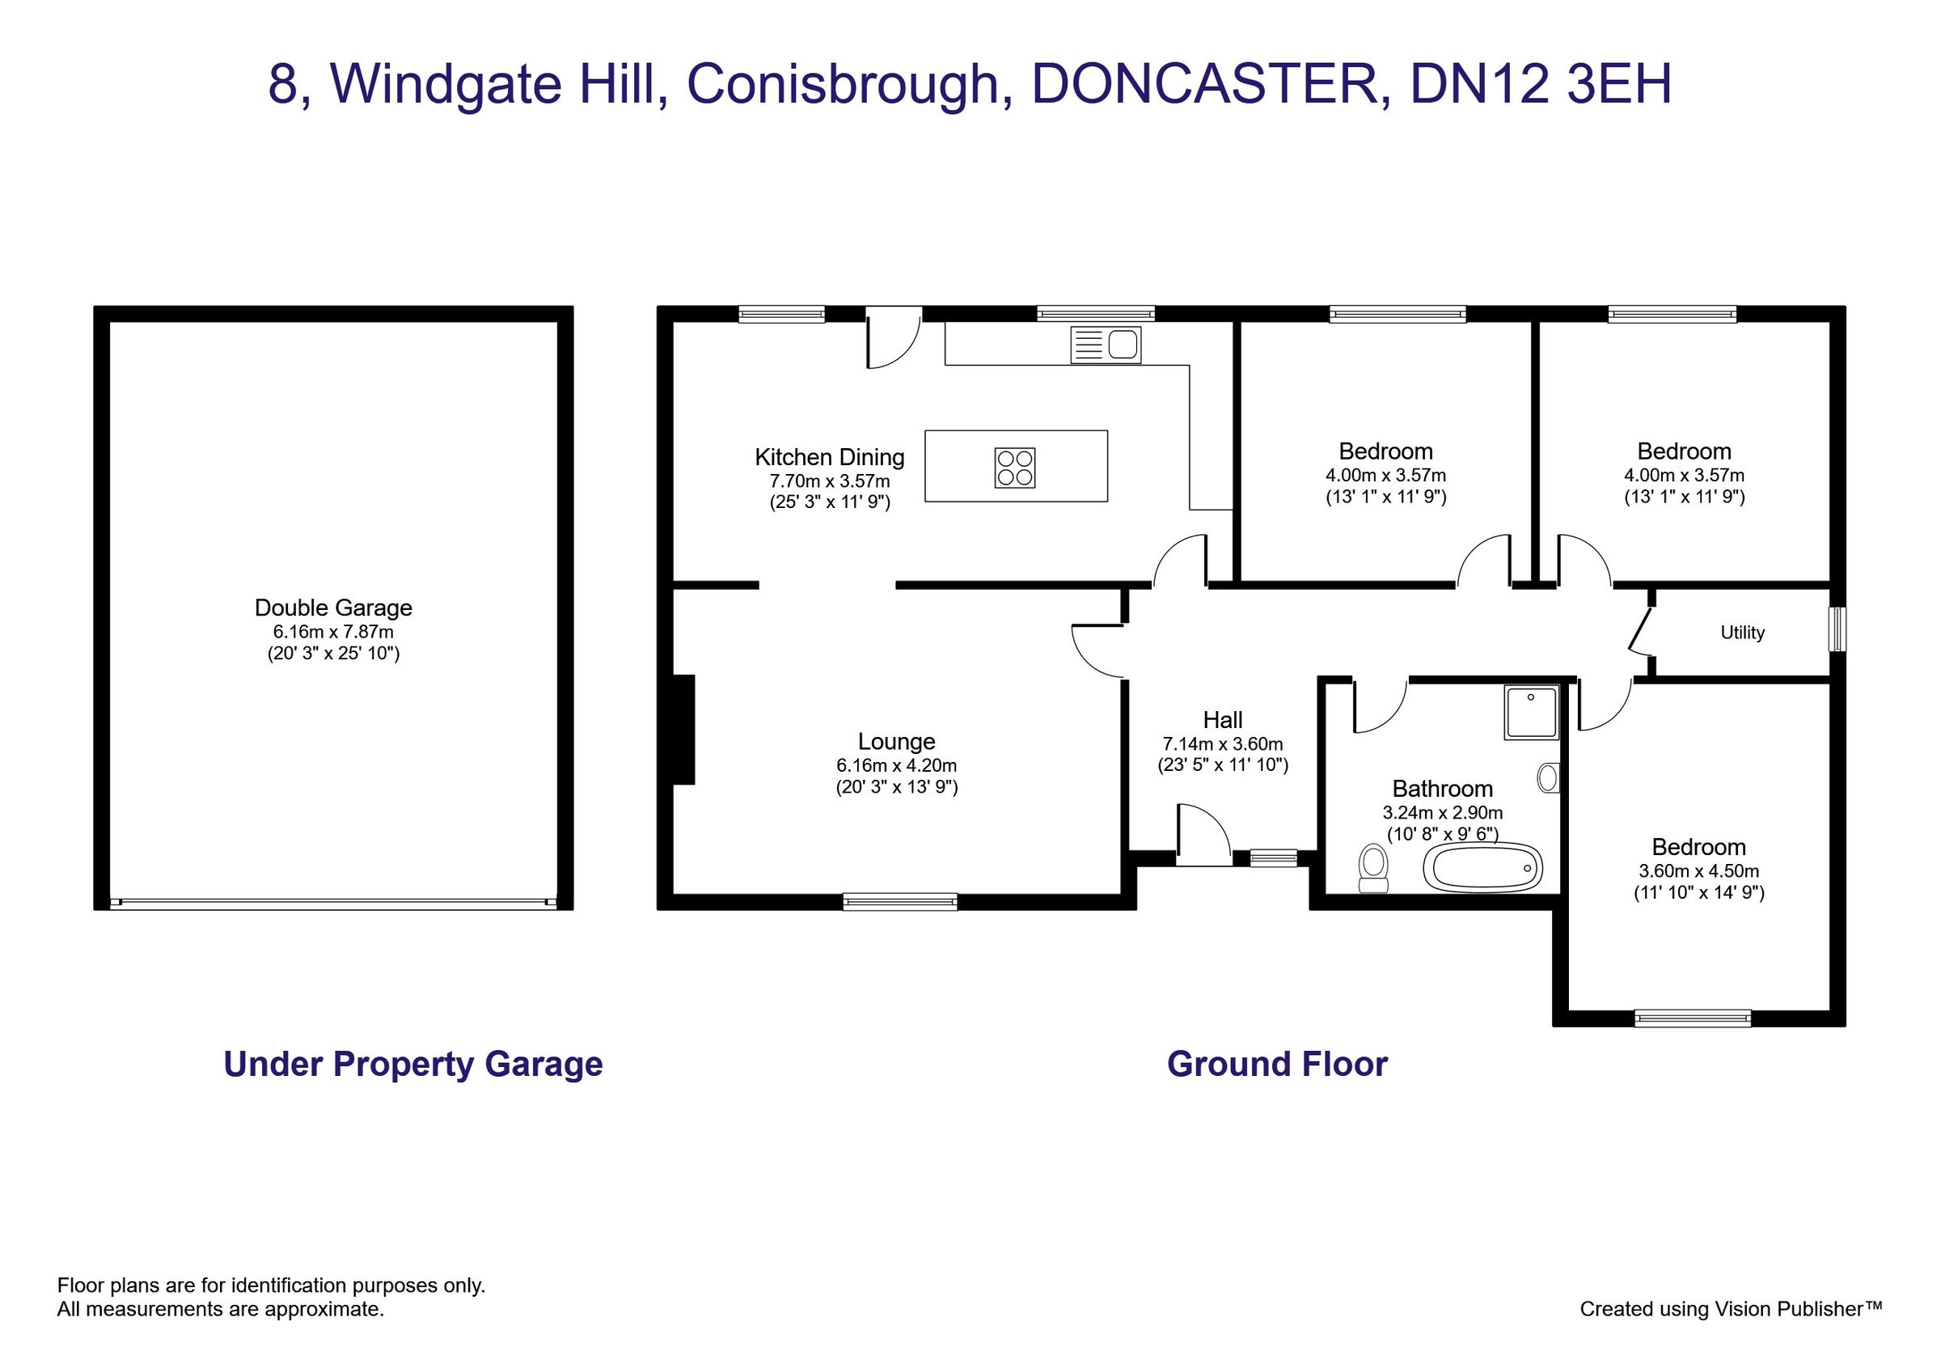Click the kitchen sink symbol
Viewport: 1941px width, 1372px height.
(1105, 345)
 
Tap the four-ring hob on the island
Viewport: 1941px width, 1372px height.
(1014, 468)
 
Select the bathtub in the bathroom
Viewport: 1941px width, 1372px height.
(1482, 867)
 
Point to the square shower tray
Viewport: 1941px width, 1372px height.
(1531, 713)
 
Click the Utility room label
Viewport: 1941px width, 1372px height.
(1742, 633)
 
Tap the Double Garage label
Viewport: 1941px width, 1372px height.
(333, 607)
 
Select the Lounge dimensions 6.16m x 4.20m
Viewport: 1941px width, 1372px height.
(896, 765)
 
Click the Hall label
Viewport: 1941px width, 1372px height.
(1222, 719)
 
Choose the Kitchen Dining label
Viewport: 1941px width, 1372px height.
(828, 457)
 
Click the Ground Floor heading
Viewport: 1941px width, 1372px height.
(1276, 1065)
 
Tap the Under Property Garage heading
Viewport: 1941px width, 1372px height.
(412, 1065)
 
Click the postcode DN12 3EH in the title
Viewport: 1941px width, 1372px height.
(1541, 84)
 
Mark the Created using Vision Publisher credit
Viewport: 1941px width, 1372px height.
(1731, 1309)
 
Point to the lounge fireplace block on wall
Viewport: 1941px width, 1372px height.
(683, 729)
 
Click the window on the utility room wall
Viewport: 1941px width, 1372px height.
(1836, 628)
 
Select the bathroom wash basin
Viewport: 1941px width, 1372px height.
(1549, 777)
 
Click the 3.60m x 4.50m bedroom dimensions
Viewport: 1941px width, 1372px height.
(1698, 870)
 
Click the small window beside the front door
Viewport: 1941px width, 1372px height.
(1273, 858)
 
